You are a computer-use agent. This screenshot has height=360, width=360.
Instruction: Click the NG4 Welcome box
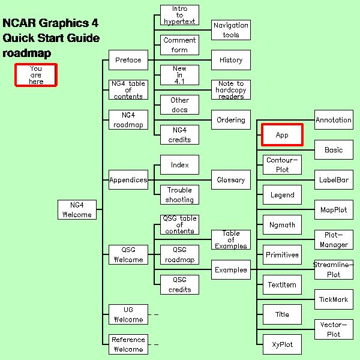point(77,209)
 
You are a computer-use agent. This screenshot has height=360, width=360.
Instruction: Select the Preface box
point(128,60)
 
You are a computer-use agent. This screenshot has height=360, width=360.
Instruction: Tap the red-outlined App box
point(282,135)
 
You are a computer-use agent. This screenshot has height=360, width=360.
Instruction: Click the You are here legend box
point(36,76)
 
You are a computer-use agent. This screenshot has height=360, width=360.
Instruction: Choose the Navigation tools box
point(231,30)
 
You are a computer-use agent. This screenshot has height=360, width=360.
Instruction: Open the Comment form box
point(179,45)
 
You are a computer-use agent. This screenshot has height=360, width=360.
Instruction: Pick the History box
point(231,60)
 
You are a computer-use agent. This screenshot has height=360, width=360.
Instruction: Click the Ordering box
point(231,120)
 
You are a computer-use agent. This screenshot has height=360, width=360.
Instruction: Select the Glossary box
point(231,179)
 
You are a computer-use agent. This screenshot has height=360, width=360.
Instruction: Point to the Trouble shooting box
point(179,194)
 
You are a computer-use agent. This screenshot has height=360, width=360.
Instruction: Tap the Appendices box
point(128,179)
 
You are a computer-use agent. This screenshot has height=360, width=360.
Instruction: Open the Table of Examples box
point(231,239)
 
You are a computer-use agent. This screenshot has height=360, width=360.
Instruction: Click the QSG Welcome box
point(128,254)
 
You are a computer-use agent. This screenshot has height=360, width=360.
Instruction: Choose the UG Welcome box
point(128,314)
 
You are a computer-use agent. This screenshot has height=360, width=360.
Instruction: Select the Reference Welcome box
point(128,344)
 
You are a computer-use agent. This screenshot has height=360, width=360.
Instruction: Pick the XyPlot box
point(282,344)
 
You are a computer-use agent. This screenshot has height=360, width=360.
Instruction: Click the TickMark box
point(334,299)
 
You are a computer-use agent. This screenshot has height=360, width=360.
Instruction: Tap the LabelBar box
point(334,179)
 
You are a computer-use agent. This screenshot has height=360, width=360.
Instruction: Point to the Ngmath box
point(282,224)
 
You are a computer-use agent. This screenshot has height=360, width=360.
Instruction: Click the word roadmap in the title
point(27,53)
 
